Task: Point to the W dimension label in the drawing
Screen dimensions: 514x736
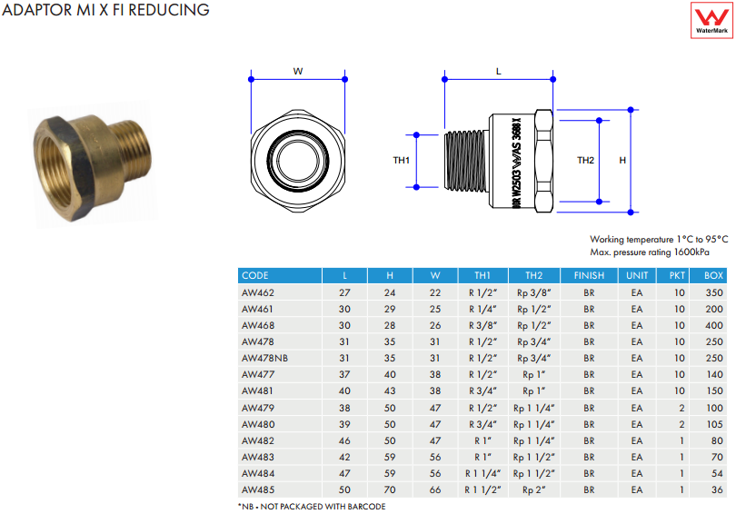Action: point(297,69)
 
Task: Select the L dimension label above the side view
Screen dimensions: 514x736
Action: point(498,69)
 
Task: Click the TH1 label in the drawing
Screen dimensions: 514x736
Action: point(402,160)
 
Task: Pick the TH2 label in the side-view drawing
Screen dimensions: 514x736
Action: point(586,160)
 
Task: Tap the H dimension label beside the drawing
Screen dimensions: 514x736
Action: point(622,160)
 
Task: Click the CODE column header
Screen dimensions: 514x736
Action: point(255,275)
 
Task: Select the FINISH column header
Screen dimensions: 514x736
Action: point(589,275)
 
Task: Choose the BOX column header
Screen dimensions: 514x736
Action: point(713,275)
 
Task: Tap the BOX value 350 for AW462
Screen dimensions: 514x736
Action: point(713,292)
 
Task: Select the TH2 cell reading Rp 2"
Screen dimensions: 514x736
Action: point(533,489)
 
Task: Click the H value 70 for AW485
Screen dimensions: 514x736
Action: point(390,489)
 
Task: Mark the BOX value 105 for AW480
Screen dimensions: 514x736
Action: point(713,424)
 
